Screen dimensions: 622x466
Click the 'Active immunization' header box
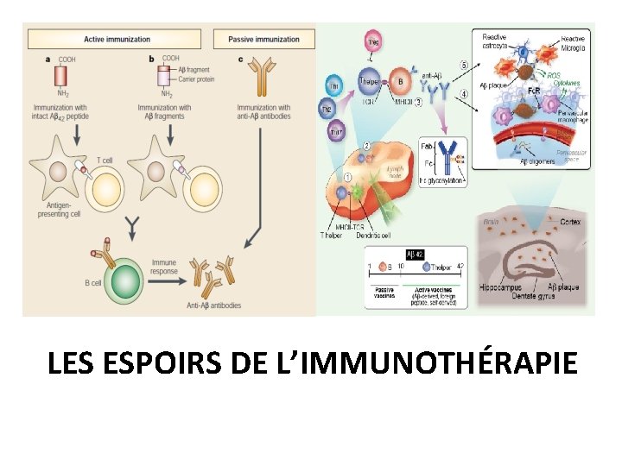click(x=117, y=39)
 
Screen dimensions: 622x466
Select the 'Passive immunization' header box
click(x=263, y=39)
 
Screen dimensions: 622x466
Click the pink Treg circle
click(x=373, y=41)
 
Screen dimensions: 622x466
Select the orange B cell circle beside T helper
click(x=399, y=82)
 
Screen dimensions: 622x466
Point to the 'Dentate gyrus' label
click(x=517, y=297)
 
